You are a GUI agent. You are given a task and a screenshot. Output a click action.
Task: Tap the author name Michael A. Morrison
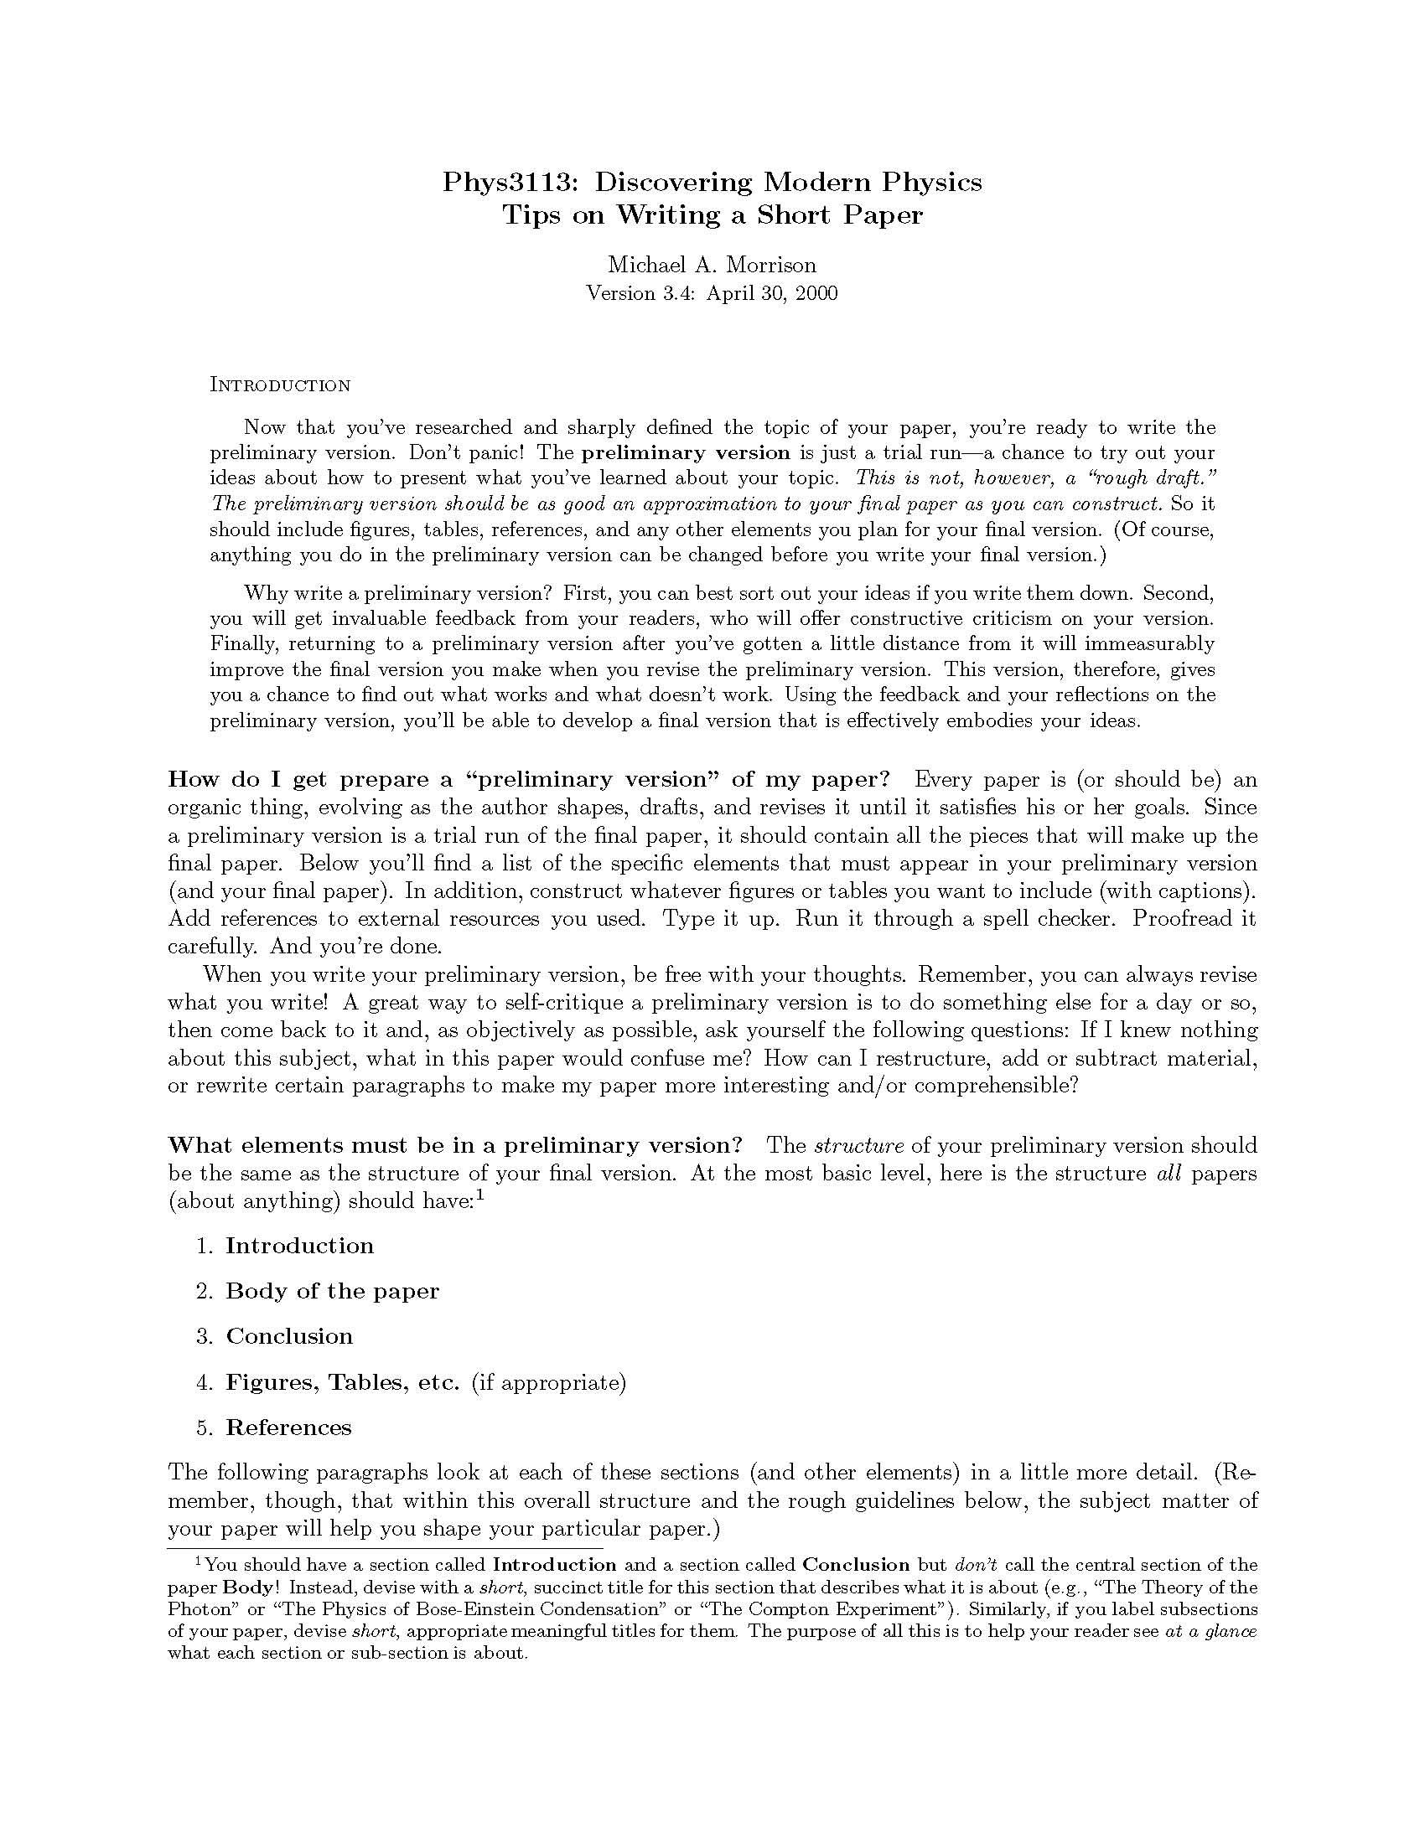click(x=712, y=265)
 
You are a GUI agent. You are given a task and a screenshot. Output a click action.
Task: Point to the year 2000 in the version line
click(x=815, y=293)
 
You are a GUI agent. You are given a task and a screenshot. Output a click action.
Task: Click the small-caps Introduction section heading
click(x=279, y=385)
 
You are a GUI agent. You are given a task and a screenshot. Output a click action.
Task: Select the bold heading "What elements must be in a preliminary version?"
click(x=454, y=1145)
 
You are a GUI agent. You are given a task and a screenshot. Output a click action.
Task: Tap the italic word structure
click(x=858, y=1145)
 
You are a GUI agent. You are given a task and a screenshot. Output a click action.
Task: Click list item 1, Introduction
click(x=299, y=1246)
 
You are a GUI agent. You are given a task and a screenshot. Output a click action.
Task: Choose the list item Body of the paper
click(x=332, y=1291)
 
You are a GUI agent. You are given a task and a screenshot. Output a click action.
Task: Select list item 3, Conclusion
click(x=288, y=1336)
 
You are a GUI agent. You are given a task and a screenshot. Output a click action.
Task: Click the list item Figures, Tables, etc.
click(x=342, y=1382)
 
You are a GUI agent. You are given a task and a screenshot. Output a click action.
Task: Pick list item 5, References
click(x=288, y=1427)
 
